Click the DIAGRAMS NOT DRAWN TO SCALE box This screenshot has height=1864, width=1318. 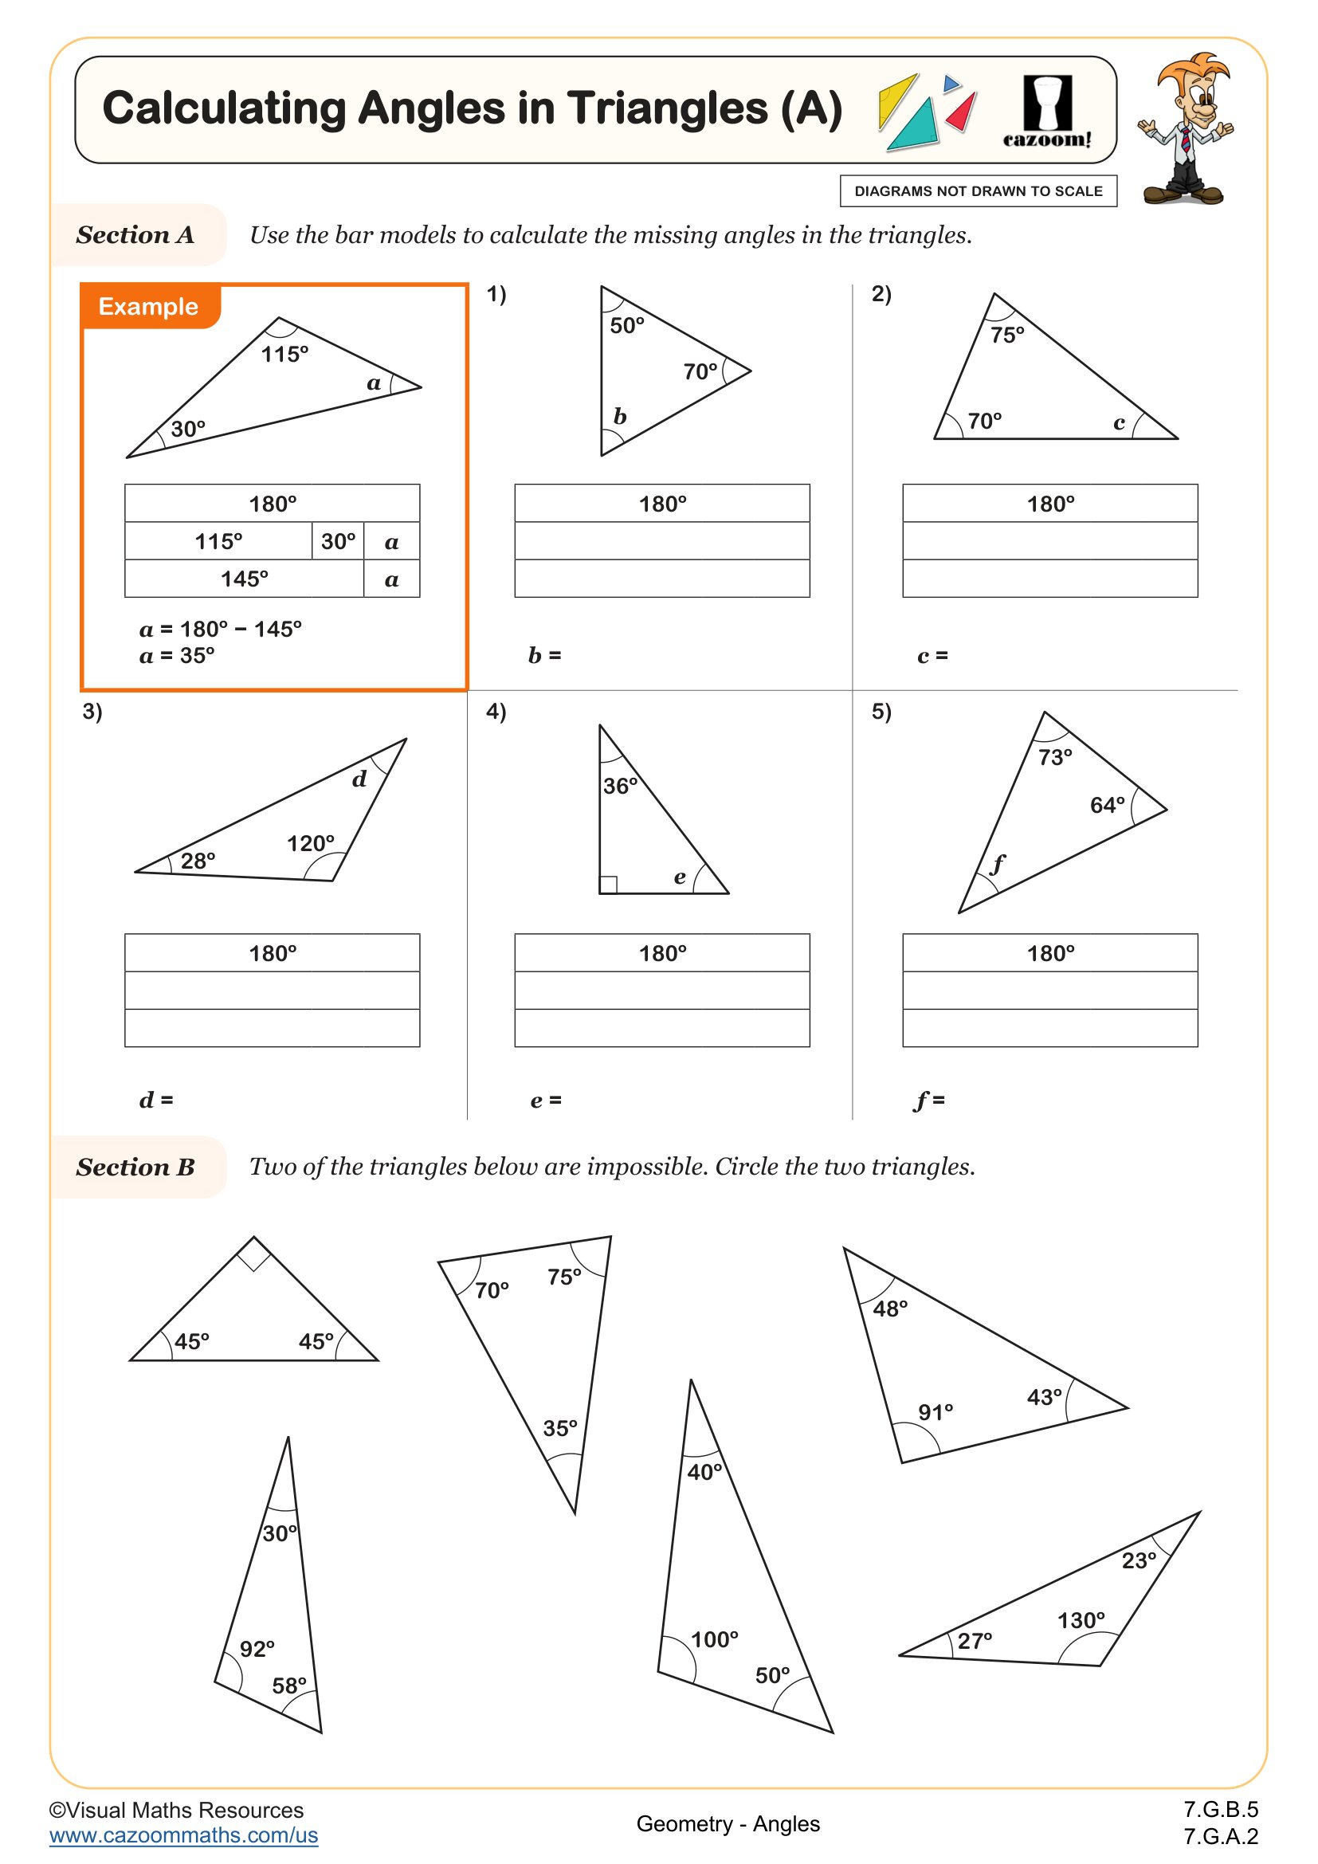click(x=978, y=191)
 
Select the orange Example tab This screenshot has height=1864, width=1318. click(x=148, y=307)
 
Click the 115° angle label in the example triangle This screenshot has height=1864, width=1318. click(x=284, y=355)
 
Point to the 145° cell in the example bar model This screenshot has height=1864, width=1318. click(x=244, y=579)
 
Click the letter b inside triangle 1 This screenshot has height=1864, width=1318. click(x=620, y=418)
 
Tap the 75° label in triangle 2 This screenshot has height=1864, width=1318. click(x=1007, y=336)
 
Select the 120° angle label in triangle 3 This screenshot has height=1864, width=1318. click(x=310, y=843)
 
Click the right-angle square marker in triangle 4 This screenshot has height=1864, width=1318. click(x=609, y=885)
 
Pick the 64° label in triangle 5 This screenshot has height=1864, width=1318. click(x=1107, y=806)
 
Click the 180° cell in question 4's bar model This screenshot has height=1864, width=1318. click(x=662, y=953)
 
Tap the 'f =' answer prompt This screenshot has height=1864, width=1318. click(x=930, y=1101)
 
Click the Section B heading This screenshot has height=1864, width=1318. click(x=135, y=1167)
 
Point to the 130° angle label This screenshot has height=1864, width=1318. click(x=1081, y=1620)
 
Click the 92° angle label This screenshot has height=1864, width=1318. click(x=257, y=1649)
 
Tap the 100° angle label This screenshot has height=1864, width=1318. click(x=714, y=1639)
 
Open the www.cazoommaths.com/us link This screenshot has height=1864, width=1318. click(x=183, y=1835)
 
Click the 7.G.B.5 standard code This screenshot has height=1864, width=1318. click(x=1221, y=1810)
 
